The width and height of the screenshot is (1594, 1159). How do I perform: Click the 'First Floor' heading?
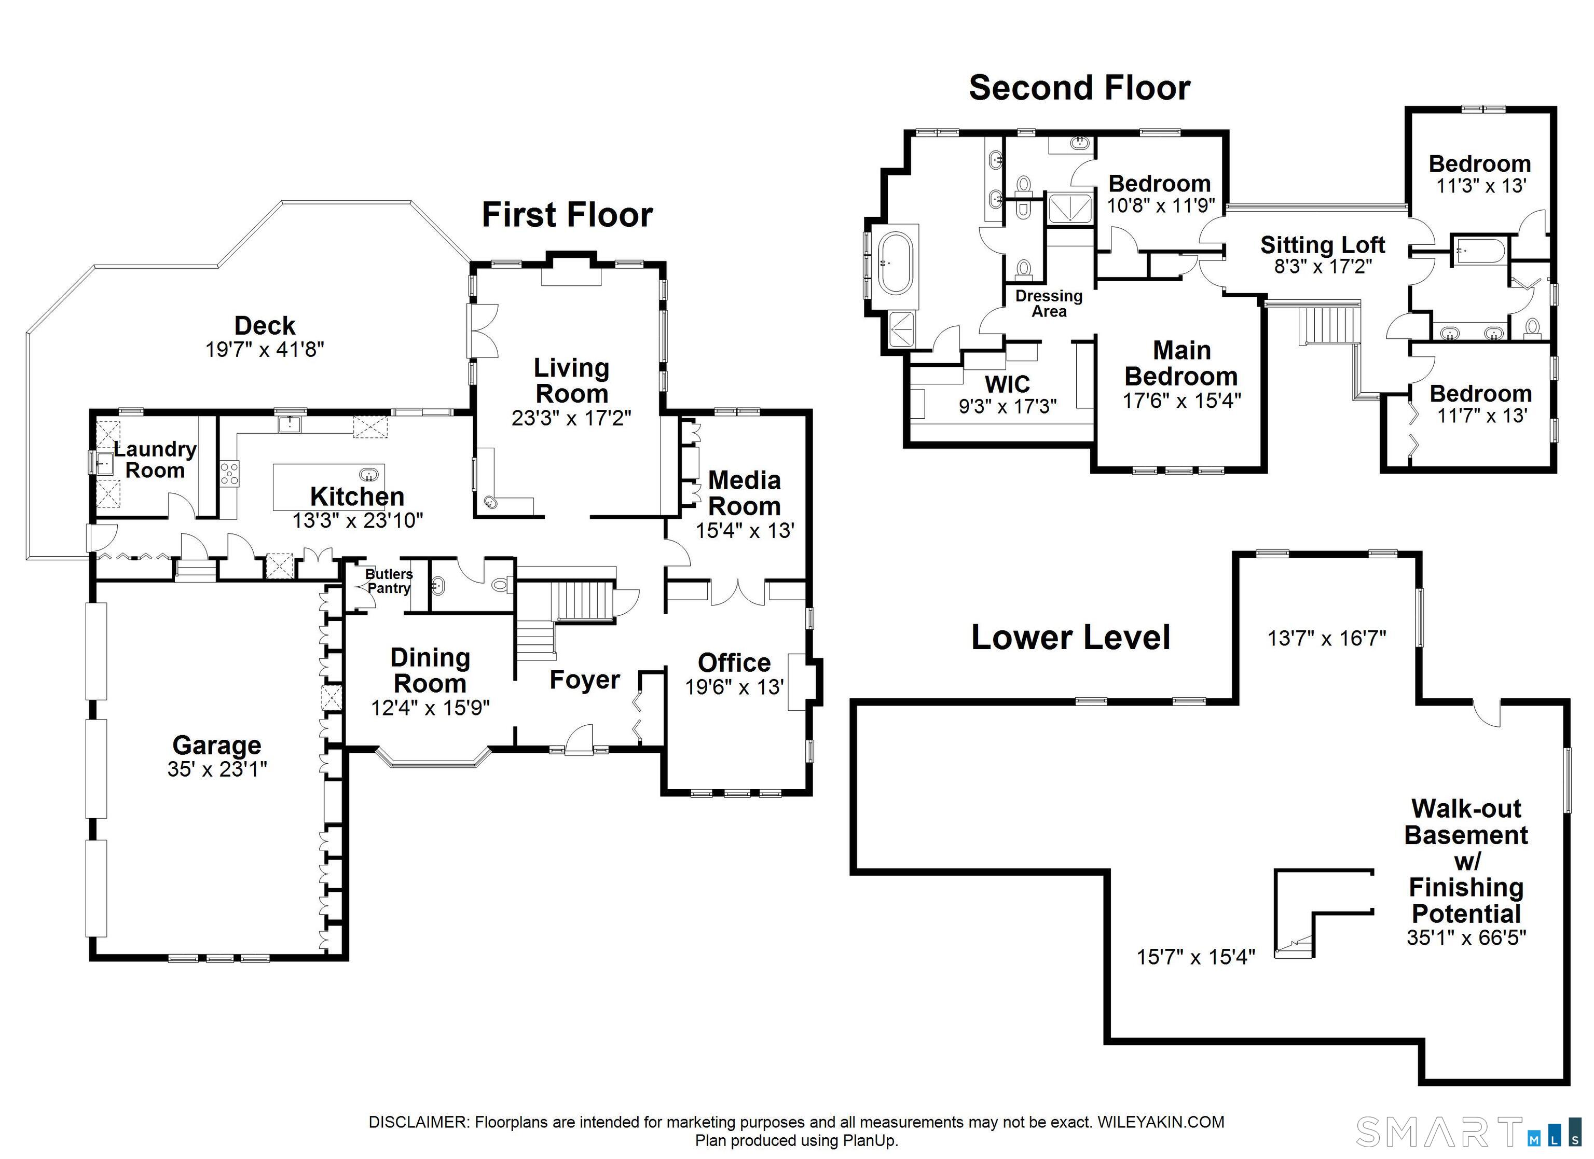click(567, 214)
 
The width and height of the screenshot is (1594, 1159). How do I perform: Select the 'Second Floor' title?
click(1080, 88)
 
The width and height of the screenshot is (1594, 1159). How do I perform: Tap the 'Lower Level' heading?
click(1070, 638)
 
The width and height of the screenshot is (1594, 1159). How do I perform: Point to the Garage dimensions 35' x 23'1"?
click(217, 769)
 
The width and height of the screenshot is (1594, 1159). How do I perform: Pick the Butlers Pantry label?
click(389, 581)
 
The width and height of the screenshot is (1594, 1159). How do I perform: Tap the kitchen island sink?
click(368, 474)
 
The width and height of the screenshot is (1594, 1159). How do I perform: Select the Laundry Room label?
click(155, 459)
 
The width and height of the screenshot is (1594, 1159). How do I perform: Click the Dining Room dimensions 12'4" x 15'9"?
click(430, 707)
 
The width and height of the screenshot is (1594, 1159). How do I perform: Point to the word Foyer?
click(584, 680)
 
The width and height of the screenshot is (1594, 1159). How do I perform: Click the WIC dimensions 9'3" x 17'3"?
click(1007, 406)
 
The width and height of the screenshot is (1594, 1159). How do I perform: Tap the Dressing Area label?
click(1049, 303)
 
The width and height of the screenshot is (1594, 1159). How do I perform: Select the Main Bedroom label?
click(1181, 363)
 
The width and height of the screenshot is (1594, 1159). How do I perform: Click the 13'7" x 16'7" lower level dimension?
click(1326, 638)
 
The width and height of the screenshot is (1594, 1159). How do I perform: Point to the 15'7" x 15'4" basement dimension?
click(1195, 957)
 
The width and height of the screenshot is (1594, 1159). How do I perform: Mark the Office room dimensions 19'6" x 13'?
click(734, 687)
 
